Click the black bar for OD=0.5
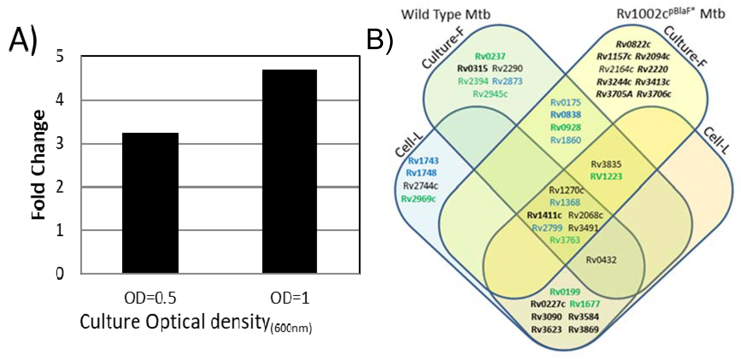[150, 203]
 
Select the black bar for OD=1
[289, 171]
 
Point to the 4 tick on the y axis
[60, 100]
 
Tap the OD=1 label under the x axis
[290, 298]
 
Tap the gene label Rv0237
[490, 56]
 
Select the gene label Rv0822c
[633, 44]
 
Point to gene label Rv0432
[601, 260]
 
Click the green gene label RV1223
[606, 176]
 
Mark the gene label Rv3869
[583, 329]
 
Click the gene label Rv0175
[565, 102]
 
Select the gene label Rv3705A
[614, 94]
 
